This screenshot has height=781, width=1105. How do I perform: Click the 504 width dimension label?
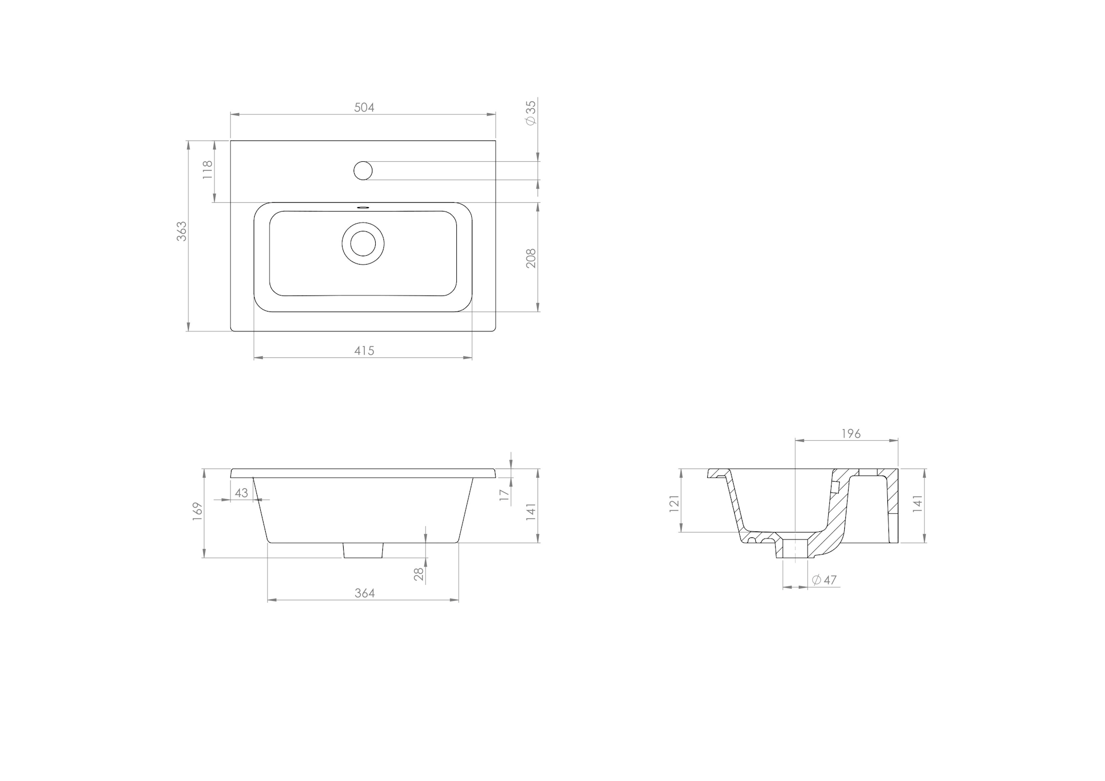point(364,107)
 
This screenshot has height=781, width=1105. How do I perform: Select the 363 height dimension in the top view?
point(182,231)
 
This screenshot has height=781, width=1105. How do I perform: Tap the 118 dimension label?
point(208,170)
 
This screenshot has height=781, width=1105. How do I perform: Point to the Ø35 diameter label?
point(531,113)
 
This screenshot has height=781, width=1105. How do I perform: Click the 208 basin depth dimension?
point(531,258)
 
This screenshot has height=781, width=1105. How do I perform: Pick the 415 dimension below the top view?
point(364,350)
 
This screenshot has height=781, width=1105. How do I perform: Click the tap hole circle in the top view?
point(363,170)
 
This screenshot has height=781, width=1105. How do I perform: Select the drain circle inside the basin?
point(363,243)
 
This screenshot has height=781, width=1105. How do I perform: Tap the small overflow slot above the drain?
point(363,208)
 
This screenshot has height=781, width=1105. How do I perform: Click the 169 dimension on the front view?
point(198,512)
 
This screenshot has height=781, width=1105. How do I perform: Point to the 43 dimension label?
point(241,493)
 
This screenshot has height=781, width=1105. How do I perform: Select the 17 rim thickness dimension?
point(504,495)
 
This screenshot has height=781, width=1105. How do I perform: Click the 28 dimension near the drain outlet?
point(419,574)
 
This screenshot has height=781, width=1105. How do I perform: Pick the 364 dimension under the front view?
point(364,593)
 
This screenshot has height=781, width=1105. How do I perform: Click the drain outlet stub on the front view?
point(363,550)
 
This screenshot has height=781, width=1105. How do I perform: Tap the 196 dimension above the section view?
point(851,434)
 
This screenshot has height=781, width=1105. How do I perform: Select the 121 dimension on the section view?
point(674,504)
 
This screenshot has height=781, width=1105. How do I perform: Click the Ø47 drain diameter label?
point(824,580)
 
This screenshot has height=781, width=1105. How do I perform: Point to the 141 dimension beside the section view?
point(917,504)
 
